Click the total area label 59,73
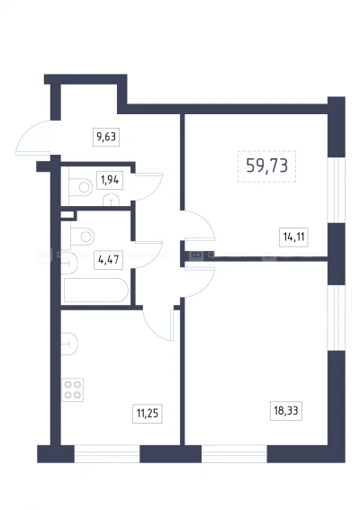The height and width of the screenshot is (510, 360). [x=267, y=166]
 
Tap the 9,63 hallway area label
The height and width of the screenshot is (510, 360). [x=106, y=137]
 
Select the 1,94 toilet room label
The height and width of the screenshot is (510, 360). [x=110, y=180]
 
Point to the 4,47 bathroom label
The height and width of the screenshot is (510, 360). [x=108, y=260]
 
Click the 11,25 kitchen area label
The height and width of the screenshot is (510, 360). [x=147, y=414]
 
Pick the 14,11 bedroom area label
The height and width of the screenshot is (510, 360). [x=293, y=237]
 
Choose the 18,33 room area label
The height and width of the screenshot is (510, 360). [x=286, y=410]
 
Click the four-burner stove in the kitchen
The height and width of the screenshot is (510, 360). [x=73, y=389]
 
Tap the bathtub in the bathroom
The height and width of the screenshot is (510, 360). [x=95, y=291]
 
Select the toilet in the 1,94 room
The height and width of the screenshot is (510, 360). [x=81, y=187]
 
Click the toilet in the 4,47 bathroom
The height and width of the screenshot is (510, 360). [x=82, y=237]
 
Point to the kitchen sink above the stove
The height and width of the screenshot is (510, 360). [x=69, y=344]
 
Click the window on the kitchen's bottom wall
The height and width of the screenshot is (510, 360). [x=107, y=453]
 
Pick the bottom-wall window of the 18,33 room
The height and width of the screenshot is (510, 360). [x=234, y=453]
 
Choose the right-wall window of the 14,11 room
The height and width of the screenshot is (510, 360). [x=337, y=191]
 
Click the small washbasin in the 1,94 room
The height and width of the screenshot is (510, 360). [x=111, y=201]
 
